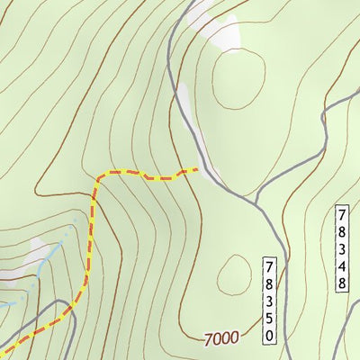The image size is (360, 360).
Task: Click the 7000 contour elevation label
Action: click(x=221, y=338)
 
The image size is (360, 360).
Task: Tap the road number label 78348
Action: click(x=342, y=249)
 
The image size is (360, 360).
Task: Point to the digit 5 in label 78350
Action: click(x=269, y=319)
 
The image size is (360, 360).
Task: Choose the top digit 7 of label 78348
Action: click(x=342, y=215)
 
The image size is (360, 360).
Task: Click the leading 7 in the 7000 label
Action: click(x=209, y=338)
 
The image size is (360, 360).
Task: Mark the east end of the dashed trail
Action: click(x=196, y=168)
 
